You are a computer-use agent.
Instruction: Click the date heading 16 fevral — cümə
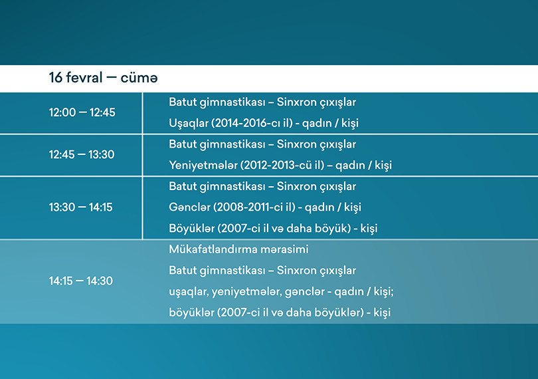click(103, 78)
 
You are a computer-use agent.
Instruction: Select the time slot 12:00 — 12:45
click(82, 112)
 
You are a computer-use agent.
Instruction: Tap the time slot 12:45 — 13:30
click(82, 154)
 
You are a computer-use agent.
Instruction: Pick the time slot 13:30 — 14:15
click(81, 207)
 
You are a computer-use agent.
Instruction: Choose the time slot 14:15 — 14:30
click(81, 281)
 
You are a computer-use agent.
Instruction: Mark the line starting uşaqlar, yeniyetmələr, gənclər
click(282, 291)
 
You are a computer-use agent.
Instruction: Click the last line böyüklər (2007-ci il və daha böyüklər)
click(279, 312)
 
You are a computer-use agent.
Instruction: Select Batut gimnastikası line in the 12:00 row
click(262, 102)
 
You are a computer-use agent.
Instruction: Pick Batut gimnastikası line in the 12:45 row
click(262, 144)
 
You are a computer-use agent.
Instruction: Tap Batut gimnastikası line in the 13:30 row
click(262, 186)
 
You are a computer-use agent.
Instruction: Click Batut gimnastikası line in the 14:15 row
click(262, 270)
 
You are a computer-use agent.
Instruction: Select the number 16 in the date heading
click(55, 78)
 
